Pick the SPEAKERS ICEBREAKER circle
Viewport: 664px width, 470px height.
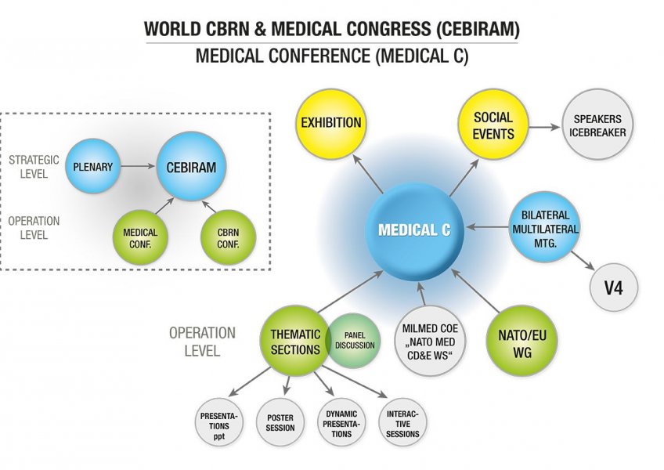(x=599, y=125)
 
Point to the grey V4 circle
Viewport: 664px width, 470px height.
(x=613, y=287)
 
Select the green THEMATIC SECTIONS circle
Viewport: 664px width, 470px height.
(x=295, y=342)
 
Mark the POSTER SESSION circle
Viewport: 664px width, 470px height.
(x=280, y=423)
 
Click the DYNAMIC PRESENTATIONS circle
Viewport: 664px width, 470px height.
(x=341, y=423)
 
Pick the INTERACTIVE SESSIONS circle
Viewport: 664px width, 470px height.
(x=402, y=423)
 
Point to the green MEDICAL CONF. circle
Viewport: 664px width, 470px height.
(x=140, y=237)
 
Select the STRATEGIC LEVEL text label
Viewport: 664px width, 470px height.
(x=34, y=166)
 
